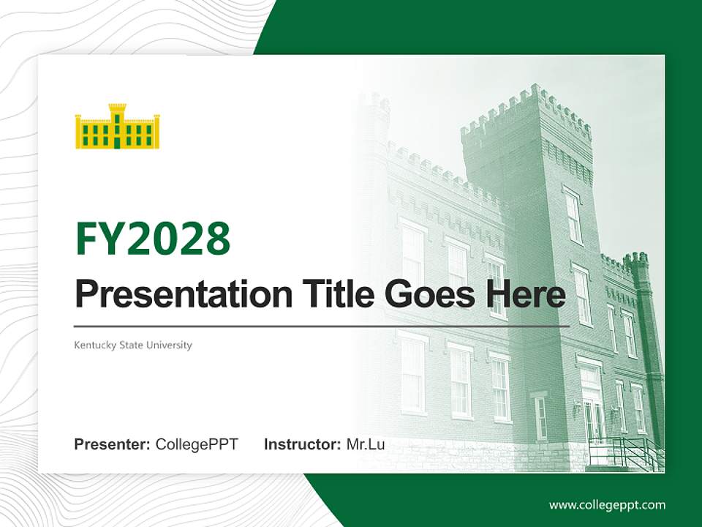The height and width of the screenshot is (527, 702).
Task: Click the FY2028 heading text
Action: click(x=153, y=239)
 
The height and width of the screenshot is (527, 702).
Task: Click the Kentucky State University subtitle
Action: click(x=133, y=345)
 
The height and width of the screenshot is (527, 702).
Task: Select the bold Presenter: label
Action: click(x=113, y=444)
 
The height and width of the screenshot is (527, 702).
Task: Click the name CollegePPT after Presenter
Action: click(x=197, y=444)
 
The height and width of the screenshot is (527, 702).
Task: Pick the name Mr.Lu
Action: click(x=365, y=444)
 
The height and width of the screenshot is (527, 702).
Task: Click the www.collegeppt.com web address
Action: click(x=607, y=505)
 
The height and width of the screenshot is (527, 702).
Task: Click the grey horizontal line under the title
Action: click(x=322, y=326)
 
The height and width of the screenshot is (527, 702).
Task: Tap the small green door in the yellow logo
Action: click(x=117, y=142)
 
